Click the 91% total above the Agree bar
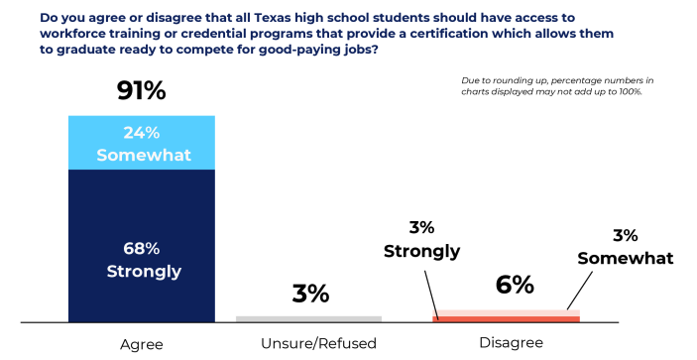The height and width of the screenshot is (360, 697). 142,90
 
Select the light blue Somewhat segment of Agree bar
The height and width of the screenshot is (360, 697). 142,143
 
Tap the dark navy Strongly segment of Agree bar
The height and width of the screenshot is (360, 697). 142,246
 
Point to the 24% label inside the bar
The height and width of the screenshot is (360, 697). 142,133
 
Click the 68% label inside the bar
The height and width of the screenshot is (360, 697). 142,249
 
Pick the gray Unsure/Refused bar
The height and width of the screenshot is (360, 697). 308,319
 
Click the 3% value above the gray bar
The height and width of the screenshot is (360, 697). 310,294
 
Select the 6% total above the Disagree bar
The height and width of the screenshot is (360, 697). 515,285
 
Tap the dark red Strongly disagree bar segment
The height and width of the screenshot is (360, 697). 506,319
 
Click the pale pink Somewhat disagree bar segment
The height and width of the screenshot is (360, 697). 506,312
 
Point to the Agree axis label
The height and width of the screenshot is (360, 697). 142,345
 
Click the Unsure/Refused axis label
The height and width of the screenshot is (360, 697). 318,343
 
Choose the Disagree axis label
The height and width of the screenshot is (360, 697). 512,343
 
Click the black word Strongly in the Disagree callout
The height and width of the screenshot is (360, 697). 421,252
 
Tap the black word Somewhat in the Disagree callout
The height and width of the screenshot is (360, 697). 626,258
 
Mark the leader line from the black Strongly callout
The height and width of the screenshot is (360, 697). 431,296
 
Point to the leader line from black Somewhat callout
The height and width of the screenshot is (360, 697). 580,291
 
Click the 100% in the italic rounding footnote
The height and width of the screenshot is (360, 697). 632,91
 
